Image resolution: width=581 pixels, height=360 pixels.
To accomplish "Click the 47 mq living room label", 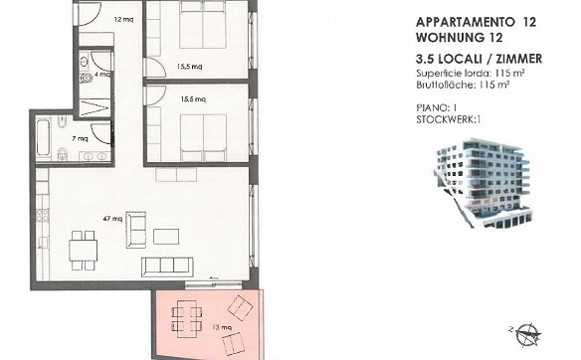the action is click(112, 219).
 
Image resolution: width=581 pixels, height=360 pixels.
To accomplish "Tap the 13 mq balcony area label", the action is click(222, 327).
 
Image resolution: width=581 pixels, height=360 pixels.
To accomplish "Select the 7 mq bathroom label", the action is click(80, 139).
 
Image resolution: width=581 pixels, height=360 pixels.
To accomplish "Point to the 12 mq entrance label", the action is click(123, 20).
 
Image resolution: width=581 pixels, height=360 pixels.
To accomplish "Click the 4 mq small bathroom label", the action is click(102, 74).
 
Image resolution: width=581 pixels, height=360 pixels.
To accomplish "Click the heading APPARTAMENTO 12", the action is click(477, 22).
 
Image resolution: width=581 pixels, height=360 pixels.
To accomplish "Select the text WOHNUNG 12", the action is click(459, 38).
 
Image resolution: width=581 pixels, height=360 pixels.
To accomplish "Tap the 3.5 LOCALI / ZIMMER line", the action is click(480, 59).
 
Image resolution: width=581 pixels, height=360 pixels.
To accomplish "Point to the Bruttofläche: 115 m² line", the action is click(463, 85).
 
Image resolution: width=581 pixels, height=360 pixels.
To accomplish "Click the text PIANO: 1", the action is click(437, 107).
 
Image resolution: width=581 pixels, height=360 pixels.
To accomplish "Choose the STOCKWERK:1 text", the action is click(449, 119).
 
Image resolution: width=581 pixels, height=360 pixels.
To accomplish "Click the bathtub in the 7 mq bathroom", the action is click(44, 137).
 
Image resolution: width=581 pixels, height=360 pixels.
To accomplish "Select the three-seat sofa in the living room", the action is click(167, 268).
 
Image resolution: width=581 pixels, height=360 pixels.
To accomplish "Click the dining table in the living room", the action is click(83, 251).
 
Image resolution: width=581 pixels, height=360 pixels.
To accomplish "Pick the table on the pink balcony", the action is click(187, 318).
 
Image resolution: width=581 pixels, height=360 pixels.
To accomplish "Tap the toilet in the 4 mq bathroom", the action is click(86, 79).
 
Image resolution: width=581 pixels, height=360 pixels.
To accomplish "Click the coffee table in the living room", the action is click(166, 237).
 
